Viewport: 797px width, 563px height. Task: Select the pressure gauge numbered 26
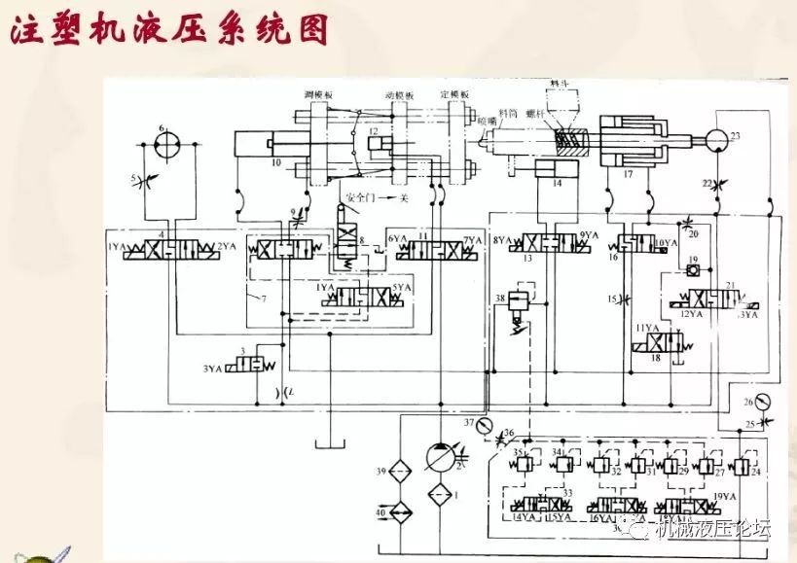click(x=748, y=403)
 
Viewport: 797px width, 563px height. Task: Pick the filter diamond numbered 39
click(x=397, y=473)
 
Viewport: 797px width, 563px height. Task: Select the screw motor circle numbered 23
click(x=720, y=142)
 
